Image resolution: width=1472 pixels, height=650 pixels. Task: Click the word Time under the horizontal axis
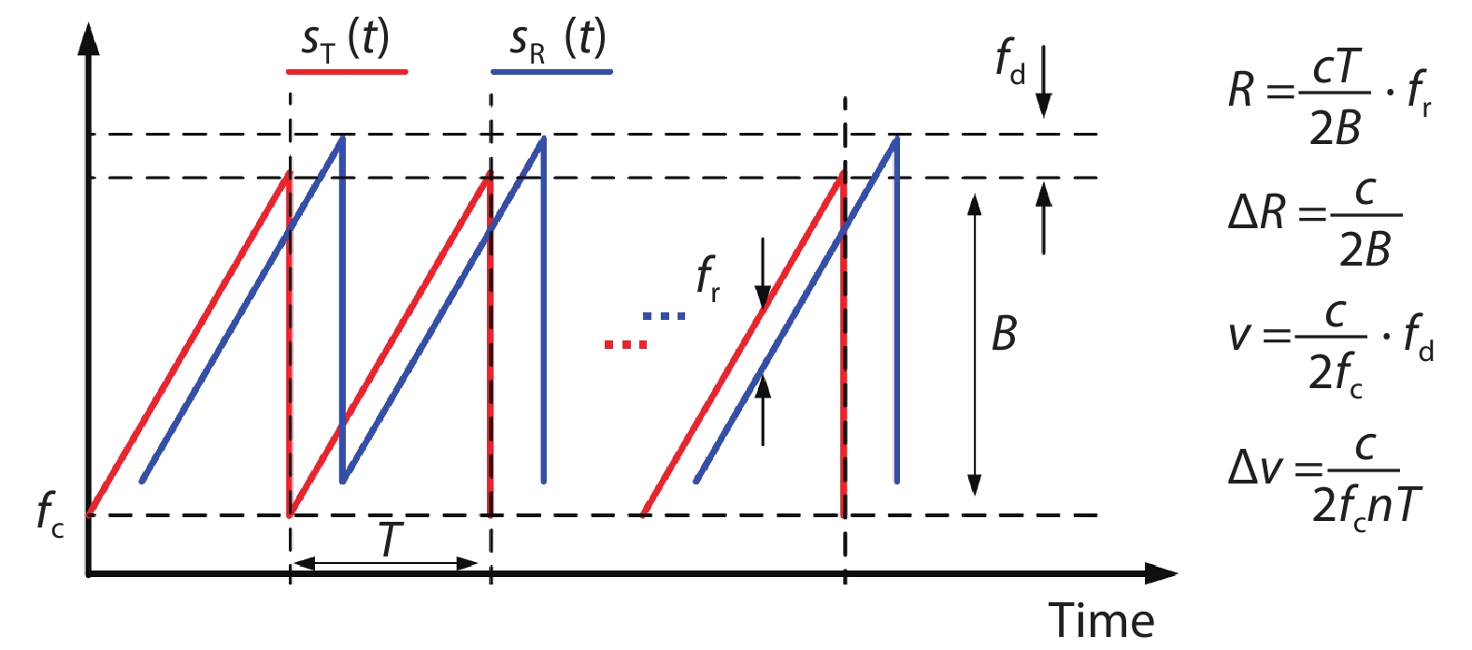pyautogui.click(x=1101, y=620)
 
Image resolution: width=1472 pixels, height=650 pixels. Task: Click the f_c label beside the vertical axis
pyautogui.click(x=50, y=515)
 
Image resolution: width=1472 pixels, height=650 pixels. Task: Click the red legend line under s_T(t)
pyautogui.click(x=347, y=72)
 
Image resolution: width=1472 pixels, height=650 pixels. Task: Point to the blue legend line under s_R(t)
pyautogui.click(x=552, y=72)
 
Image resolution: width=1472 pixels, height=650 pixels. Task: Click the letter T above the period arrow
pyautogui.click(x=389, y=539)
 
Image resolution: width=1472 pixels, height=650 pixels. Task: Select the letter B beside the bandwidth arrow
pyautogui.click(x=1004, y=333)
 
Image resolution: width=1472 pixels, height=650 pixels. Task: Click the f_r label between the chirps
pyautogui.click(x=708, y=279)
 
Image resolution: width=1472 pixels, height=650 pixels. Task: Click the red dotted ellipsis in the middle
pyautogui.click(x=625, y=344)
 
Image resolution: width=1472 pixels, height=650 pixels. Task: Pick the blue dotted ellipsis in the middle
pyautogui.click(x=664, y=316)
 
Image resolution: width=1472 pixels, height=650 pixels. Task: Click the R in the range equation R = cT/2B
pyautogui.click(x=1240, y=90)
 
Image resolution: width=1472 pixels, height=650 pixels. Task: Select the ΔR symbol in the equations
pyautogui.click(x=1256, y=213)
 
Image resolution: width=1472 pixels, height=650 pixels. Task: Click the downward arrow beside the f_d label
pyautogui.click(x=1044, y=81)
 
